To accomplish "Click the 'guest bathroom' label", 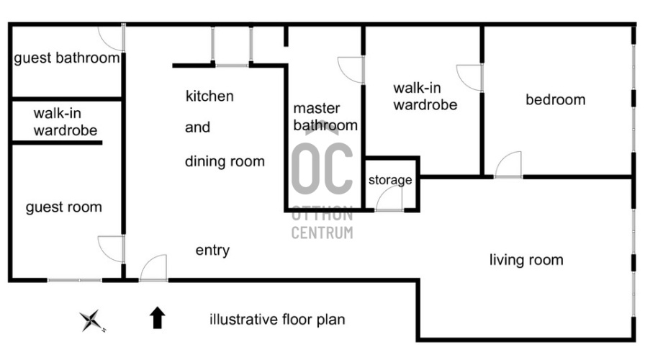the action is click(x=67, y=58).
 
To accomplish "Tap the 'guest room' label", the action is click(x=64, y=207).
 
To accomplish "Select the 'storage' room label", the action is click(x=390, y=180).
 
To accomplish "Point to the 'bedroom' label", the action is click(x=555, y=99).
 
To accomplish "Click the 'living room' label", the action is click(x=526, y=260).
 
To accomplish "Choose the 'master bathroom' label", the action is click(x=325, y=117).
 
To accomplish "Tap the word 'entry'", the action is click(x=212, y=250).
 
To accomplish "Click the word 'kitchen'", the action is click(x=209, y=96).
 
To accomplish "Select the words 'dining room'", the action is click(x=225, y=161).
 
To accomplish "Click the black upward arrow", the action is click(x=157, y=318).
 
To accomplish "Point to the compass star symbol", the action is click(x=91, y=320).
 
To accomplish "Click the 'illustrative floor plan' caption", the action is click(x=277, y=319).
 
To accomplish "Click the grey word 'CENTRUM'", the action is click(x=322, y=233).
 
